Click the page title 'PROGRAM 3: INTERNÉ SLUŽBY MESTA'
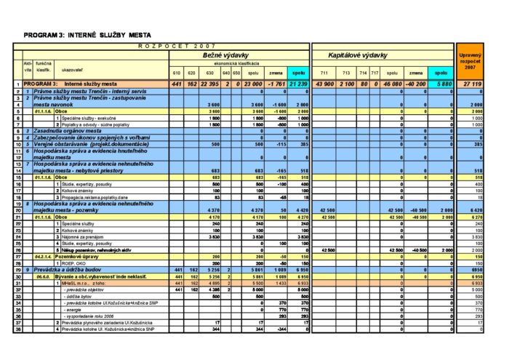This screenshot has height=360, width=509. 83,34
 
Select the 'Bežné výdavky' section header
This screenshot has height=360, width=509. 220,55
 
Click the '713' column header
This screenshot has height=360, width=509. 346,73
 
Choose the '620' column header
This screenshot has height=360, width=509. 192,73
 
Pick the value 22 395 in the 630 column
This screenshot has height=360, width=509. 209,84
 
